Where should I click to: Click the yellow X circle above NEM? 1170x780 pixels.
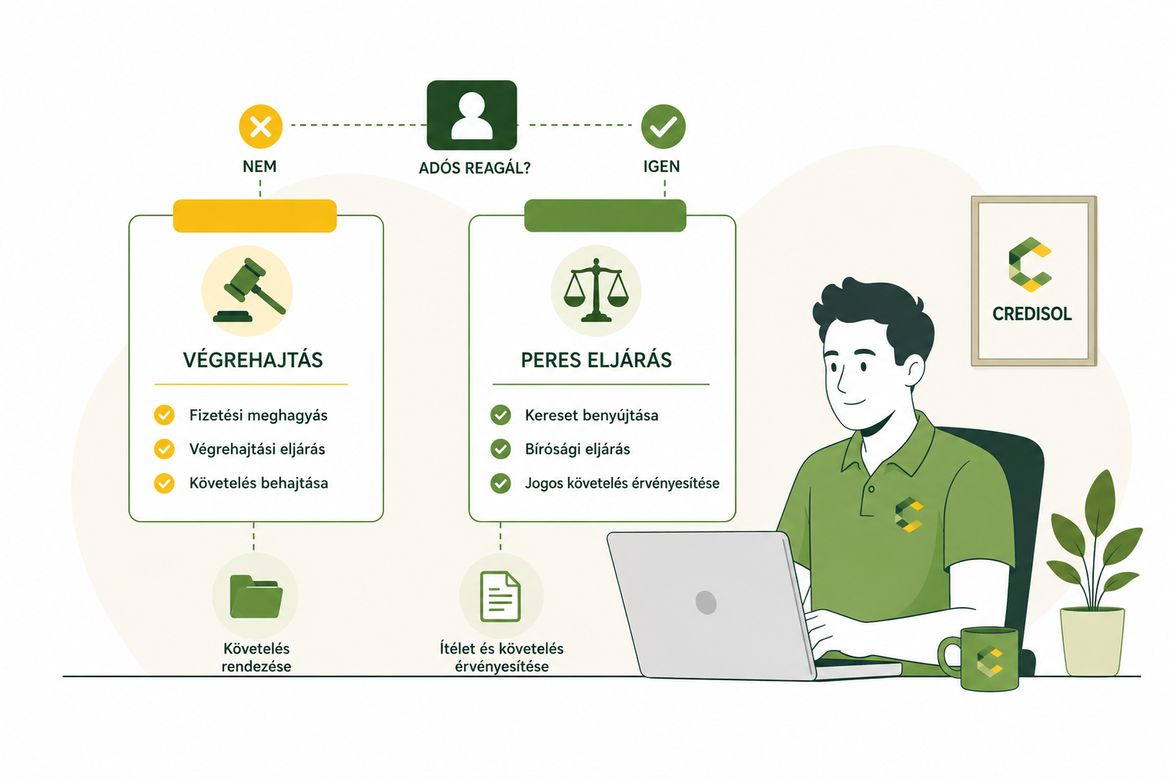[261, 127]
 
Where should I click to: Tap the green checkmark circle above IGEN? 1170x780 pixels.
[663, 126]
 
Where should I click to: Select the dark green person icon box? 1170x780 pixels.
[472, 115]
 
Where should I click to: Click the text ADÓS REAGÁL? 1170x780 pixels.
[474, 168]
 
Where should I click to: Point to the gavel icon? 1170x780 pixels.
[250, 290]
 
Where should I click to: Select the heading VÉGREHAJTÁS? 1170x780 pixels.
[253, 360]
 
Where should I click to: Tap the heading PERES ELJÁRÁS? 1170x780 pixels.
[596, 360]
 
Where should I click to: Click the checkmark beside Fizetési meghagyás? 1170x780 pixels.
[164, 415]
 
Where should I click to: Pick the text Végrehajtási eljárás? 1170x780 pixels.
[257, 449]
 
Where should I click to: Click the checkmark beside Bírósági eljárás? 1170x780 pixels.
[500, 449]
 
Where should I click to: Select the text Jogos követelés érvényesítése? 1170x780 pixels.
[622, 483]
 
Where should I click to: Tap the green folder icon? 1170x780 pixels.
[256, 596]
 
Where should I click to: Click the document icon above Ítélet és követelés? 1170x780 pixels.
[500, 596]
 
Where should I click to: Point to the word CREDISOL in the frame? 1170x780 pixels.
[1031, 314]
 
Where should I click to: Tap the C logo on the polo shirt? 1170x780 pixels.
[909, 515]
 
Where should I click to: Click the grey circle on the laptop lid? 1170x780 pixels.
[706, 603]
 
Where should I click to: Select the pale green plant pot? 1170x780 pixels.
[1092, 641]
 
